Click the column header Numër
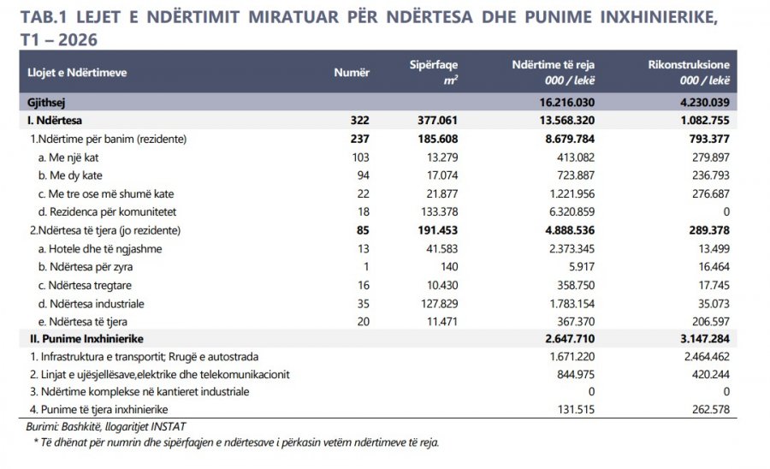(x=352, y=73)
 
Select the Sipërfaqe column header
(x=434, y=65)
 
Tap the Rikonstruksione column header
(x=689, y=65)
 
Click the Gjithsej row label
(x=46, y=103)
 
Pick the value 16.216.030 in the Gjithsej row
(x=566, y=103)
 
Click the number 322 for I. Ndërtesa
(x=359, y=121)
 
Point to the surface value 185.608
(x=437, y=139)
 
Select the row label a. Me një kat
(x=68, y=157)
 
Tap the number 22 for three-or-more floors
(x=363, y=194)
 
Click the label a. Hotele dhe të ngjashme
(x=100, y=249)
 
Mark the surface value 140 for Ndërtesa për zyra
(x=449, y=267)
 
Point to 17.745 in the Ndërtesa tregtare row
(x=714, y=285)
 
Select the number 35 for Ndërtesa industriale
(x=363, y=304)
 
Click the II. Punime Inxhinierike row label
(x=86, y=339)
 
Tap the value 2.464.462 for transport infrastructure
(x=707, y=357)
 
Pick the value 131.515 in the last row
(x=576, y=409)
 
